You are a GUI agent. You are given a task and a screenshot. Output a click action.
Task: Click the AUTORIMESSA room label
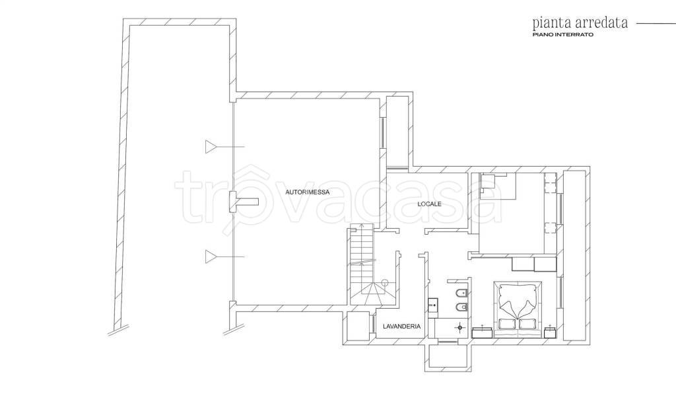pyautogui.click(x=308, y=192)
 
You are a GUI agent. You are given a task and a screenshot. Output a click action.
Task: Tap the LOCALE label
pyautogui.click(x=429, y=204)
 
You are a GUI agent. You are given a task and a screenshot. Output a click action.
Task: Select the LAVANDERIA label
pyautogui.click(x=402, y=327)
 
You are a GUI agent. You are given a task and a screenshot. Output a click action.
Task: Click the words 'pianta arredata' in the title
pyautogui.click(x=580, y=22)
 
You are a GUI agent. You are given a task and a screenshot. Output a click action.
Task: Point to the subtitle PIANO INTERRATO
pyautogui.click(x=562, y=34)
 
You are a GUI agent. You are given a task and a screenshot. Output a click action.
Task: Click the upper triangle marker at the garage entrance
pyautogui.click(x=211, y=147)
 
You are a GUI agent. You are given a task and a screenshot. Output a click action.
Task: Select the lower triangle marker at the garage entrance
pyautogui.click(x=211, y=257)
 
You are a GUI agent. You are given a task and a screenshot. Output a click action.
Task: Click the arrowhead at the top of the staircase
pyautogui.click(x=362, y=225)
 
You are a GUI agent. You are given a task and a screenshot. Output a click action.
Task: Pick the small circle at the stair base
pyautogui.click(x=385, y=282)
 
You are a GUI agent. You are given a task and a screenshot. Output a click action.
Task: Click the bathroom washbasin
pyautogui.click(x=433, y=305)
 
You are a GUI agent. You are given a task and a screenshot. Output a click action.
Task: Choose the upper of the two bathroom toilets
pyautogui.click(x=461, y=294)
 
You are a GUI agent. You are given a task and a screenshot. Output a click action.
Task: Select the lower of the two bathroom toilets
pyautogui.click(x=461, y=307)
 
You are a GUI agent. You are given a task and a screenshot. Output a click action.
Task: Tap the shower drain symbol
pyautogui.click(x=460, y=328)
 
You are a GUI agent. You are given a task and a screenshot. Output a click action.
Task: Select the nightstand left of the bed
pyautogui.click(x=483, y=332)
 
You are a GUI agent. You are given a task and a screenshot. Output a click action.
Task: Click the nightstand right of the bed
pyautogui.click(x=550, y=332)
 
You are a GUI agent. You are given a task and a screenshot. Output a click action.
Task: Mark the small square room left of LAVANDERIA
pyautogui.click(x=358, y=326)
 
